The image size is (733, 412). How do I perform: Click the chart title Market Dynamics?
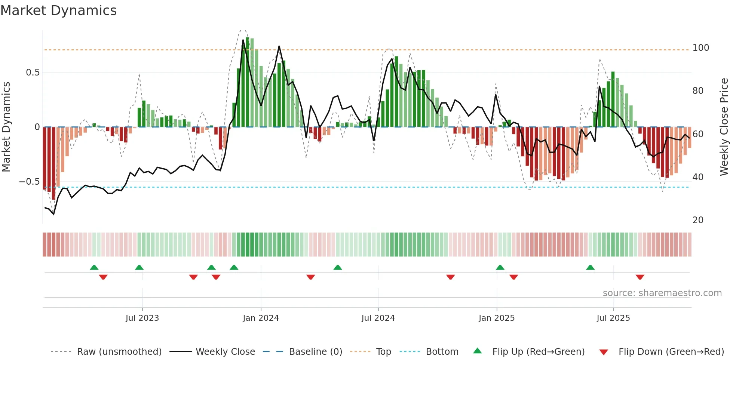pos(59,10)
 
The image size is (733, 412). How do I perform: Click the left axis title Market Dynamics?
pos(6,127)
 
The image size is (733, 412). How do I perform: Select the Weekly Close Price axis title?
pos(724,127)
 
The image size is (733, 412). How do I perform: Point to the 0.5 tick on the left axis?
pos(33,73)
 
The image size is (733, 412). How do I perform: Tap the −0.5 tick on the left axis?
pos(30,182)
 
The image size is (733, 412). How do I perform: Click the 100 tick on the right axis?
pos(700,48)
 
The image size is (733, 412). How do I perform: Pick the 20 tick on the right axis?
pos(698,220)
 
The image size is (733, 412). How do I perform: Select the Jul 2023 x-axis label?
pos(142,318)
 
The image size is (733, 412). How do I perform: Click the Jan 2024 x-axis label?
pos(261,318)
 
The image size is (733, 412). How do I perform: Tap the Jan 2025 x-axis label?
pos(497,318)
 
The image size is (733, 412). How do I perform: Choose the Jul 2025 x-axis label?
pos(613,318)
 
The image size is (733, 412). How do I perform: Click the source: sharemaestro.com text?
pos(662,293)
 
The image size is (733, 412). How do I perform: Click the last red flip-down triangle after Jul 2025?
pos(640,277)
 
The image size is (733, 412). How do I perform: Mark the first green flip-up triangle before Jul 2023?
pos(94,267)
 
